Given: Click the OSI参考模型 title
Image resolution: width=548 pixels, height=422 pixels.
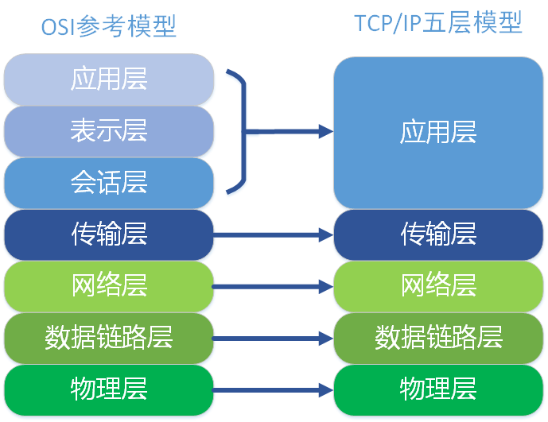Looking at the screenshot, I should pos(109,26).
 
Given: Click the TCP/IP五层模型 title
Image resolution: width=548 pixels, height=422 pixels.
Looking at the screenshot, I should pos(438,24).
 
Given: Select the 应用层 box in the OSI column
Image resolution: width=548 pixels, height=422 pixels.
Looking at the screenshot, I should pos(109,79).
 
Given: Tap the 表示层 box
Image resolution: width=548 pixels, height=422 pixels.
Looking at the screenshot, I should pos(109,130).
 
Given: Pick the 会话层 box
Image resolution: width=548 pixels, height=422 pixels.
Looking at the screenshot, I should pos(109,183).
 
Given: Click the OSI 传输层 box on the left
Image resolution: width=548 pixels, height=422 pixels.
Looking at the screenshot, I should pos(109,234).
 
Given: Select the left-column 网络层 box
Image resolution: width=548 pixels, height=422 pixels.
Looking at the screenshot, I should pos(109,285).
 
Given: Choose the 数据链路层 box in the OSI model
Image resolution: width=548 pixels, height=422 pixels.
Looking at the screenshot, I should pos(109,337).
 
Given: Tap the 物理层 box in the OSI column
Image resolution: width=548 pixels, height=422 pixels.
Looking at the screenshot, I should pos(109,389).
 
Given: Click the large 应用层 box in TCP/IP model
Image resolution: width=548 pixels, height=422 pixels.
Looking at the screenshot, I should pos(438,132).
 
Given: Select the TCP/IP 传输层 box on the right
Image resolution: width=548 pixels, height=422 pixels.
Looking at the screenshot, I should pos(438,234).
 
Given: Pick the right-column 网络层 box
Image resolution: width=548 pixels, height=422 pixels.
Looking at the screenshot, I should pos(438,285).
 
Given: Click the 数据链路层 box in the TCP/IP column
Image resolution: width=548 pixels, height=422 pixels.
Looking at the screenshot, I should pos(438,337).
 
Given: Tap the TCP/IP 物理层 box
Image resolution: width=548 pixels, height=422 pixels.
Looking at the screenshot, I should pos(438,389).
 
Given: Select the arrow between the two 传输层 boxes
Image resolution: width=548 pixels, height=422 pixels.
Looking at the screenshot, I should pos(273,234).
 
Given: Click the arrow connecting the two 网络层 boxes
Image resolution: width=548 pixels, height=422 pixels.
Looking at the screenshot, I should pos(273,286).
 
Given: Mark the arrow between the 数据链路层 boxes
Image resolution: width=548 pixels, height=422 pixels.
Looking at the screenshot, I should pos(273,338).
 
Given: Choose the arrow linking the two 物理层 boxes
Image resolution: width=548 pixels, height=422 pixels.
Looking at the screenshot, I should pos(273,389).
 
